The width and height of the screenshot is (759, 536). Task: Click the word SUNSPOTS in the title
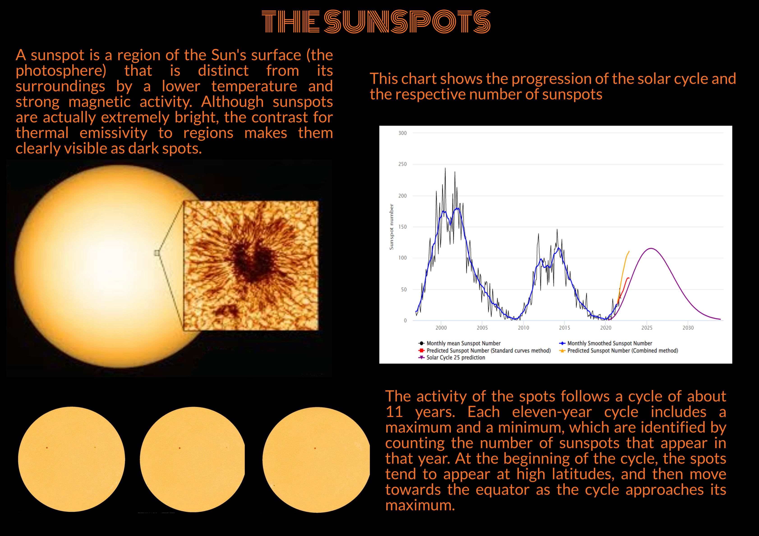[407, 22]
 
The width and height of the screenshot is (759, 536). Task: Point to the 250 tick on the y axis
[402, 164]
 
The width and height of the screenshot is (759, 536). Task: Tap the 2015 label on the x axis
[565, 328]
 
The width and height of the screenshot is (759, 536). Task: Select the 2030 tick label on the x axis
[688, 328]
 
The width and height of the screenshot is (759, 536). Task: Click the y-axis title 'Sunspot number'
[391, 227]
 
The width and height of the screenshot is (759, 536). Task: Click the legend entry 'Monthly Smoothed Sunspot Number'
[606, 343]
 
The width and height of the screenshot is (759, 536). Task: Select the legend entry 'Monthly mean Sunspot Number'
[460, 343]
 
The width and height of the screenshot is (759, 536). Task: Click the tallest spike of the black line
[445, 168]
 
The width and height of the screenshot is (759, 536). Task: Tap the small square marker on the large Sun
[157, 253]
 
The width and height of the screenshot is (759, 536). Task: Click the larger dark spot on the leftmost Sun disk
[47, 448]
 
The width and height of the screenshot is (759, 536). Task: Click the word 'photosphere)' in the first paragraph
[61, 71]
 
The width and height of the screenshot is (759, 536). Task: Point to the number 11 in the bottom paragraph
[394, 412]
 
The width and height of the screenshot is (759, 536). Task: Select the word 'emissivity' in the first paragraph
[113, 133]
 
